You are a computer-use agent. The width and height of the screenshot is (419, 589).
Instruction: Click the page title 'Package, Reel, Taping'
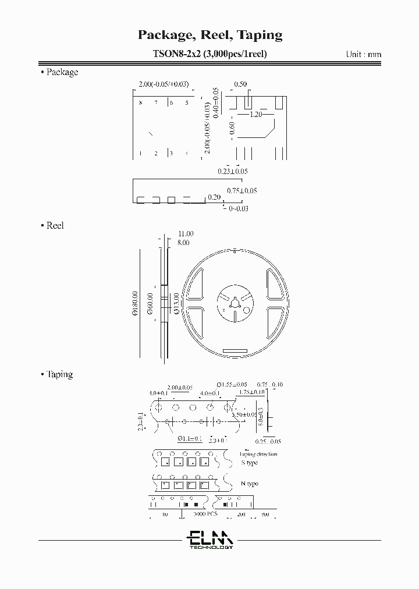(210, 35)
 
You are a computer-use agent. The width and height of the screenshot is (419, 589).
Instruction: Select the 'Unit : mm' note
(363, 54)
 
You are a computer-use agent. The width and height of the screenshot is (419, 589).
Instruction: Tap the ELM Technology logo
(210, 538)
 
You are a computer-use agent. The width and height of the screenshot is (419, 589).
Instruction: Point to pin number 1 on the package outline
(141, 154)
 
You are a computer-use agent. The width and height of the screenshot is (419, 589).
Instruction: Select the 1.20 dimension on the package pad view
(256, 115)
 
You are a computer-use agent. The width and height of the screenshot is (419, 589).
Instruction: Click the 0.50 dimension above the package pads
(240, 84)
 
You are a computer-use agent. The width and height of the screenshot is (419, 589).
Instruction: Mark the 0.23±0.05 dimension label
(233, 171)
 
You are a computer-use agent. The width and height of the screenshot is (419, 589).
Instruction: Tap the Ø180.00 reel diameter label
(135, 304)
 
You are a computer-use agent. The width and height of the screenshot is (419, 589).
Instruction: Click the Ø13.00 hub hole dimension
(176, 304)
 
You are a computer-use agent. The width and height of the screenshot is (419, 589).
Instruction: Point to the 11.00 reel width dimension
(186, 233)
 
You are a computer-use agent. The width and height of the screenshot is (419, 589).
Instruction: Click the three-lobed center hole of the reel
(234, 303)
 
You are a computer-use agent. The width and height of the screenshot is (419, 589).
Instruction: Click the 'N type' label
(250, 484)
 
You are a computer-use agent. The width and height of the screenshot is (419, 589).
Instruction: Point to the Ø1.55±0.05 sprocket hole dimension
(232, 385)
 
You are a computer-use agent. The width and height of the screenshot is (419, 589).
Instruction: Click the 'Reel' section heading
(55, 225)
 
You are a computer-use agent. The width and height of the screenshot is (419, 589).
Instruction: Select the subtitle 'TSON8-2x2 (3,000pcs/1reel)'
(210, 54)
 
